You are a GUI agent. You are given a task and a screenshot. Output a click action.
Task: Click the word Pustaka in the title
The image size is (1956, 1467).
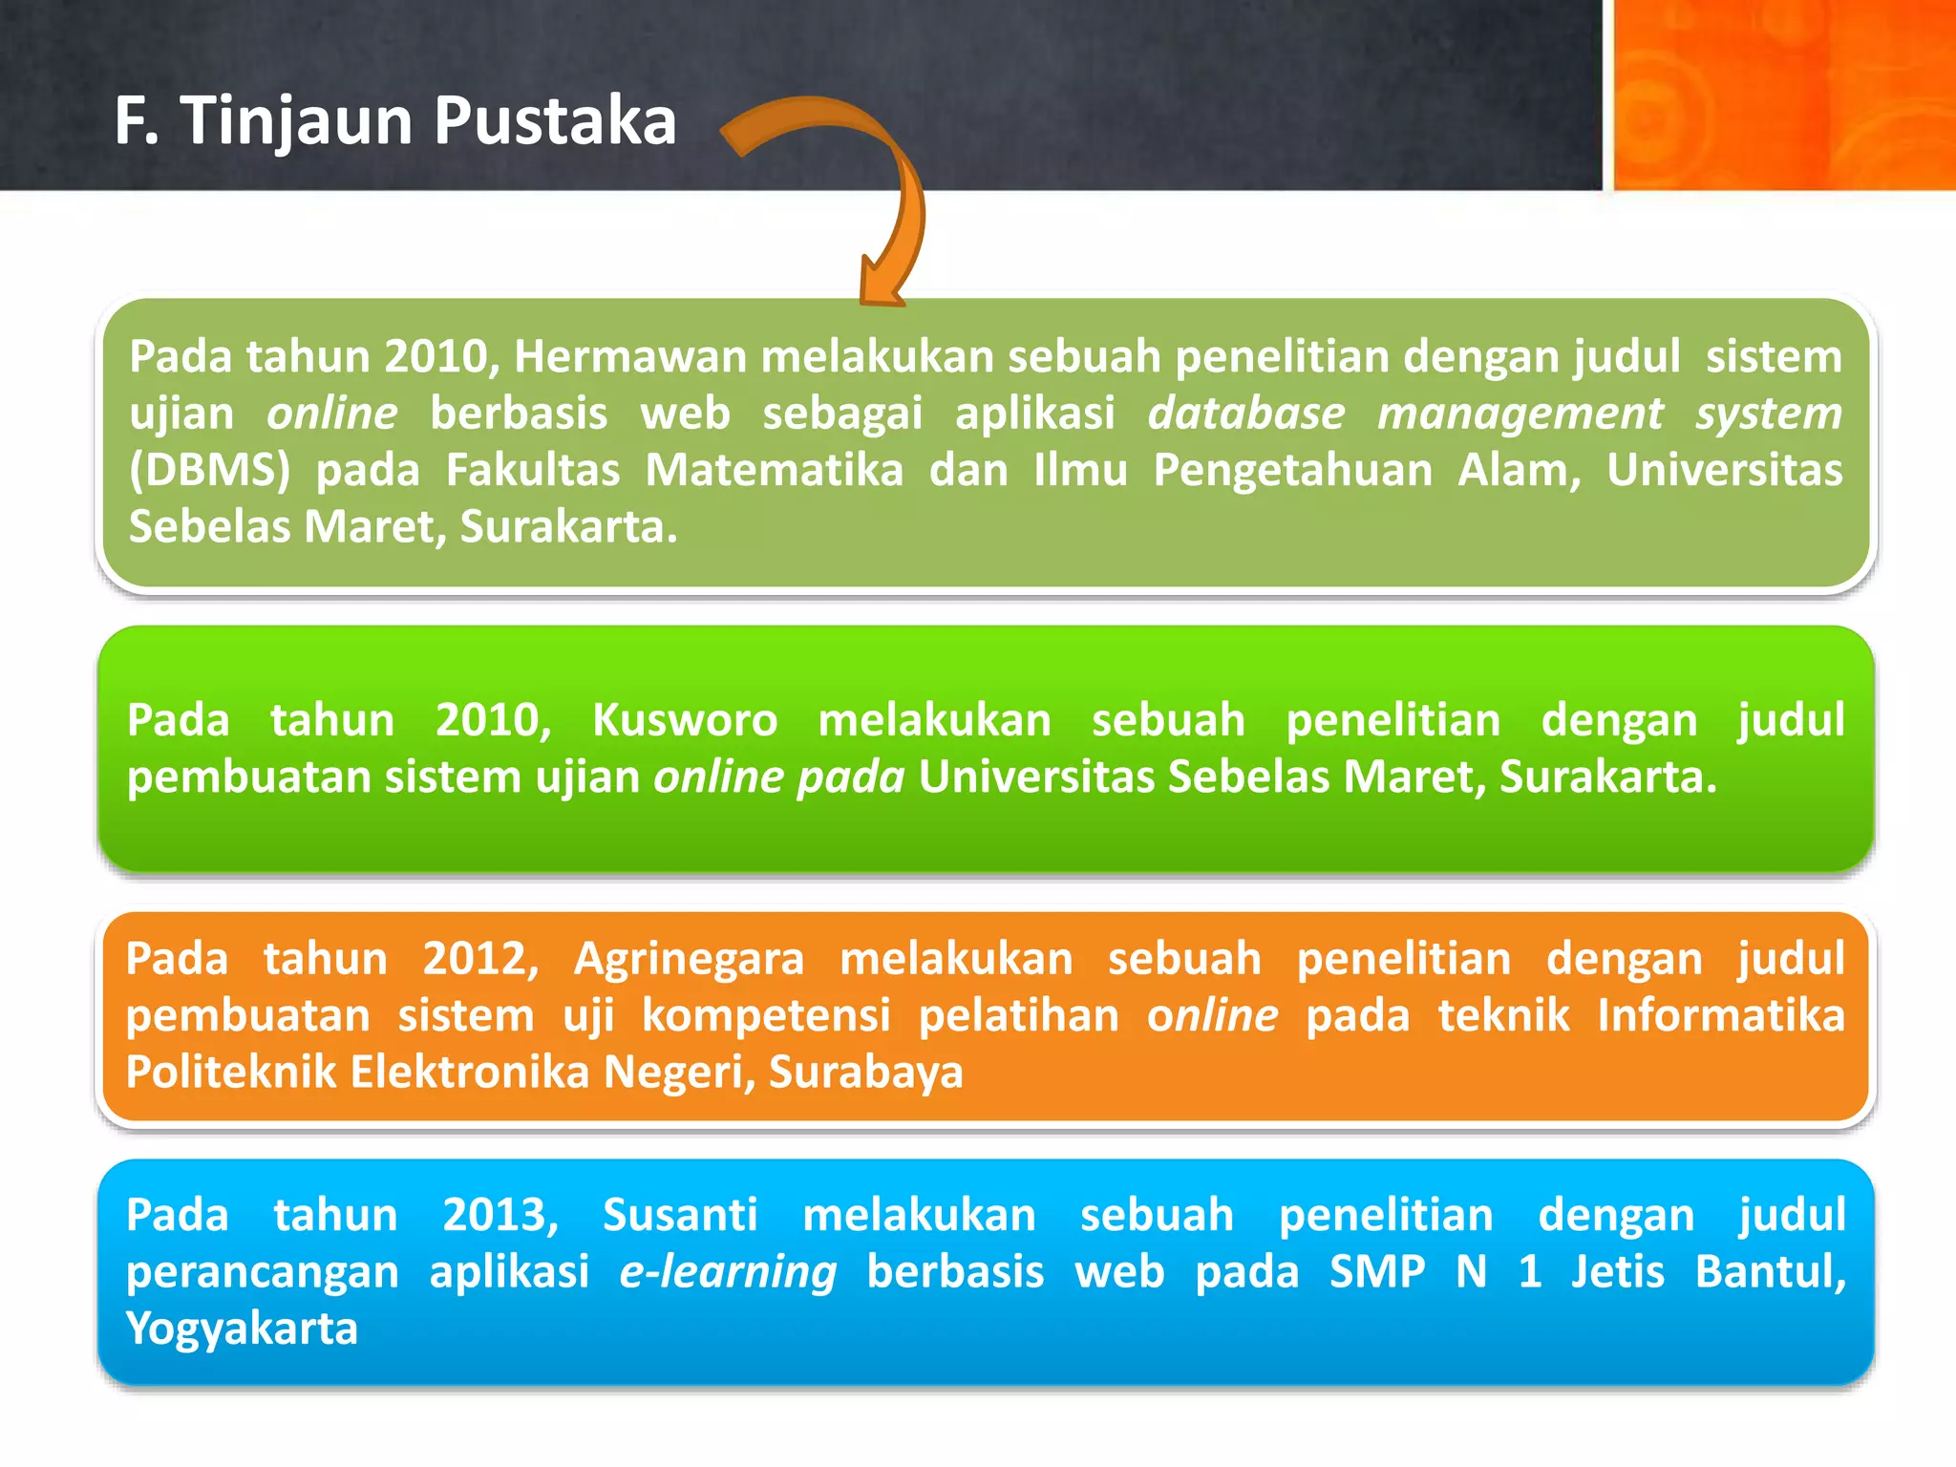pyautogui.click(x=555, y=122)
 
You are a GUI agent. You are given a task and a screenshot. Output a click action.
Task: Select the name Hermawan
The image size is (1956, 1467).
pyautogui.click(x=629, y=356)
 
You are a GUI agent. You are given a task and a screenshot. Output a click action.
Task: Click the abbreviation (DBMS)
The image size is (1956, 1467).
pyautogui.click(x=209, y=470)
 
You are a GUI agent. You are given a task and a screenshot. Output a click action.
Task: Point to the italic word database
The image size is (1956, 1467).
pyautogui.click(x=1245, y=414)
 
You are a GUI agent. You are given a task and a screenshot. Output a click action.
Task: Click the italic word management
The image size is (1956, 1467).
pyautogui.click(x=1520, y=414)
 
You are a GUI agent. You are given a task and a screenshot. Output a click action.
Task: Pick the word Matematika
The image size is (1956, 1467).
pyautogui.click(x=774, y=470)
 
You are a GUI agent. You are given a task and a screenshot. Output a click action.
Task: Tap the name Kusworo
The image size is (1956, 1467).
pyautogui.click(x=684, y=720)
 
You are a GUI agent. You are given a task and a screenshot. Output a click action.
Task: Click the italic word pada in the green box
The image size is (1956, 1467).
pyautogui.click(x=851, y=776)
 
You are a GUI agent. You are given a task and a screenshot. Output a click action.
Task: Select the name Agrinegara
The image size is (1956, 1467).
pyautogui.click(x=689, y=958)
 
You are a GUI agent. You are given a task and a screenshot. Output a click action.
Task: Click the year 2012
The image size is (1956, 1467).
pyautogui.click(x=479, y=958)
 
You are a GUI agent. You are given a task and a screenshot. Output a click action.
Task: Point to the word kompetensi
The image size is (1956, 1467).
pyautogui.click(x=765, y=1015)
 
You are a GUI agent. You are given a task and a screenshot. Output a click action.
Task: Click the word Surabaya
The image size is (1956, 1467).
pyautogui.click(x=865, y=1072)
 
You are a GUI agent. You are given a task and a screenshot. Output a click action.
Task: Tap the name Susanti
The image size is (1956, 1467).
pyautogui.click(x=680, y=1215)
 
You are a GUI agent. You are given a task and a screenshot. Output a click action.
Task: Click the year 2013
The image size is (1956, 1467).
pyautogui.click(x=500, y=1215)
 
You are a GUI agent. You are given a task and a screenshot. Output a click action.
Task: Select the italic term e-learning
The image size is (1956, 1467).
pyautogui.click(x=728, y=1272)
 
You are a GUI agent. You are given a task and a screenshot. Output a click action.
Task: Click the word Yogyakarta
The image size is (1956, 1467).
pyautogui.click(x=242, y=1329)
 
